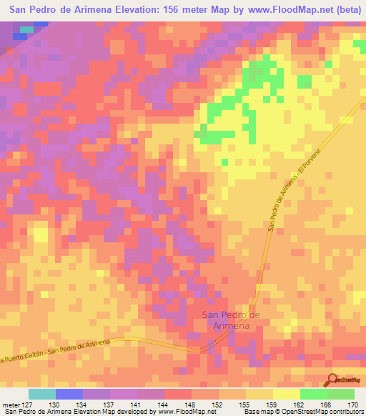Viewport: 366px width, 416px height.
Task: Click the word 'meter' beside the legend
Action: point(10,405)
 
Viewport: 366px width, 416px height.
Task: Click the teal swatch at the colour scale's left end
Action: point(41,394)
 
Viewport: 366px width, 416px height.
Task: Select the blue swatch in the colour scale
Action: point(69,394)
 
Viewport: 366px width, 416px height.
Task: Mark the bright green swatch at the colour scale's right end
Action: point(341,394)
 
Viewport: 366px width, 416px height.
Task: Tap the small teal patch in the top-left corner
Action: point(26,30)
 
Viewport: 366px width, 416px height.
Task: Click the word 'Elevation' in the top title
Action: point(107,10)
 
